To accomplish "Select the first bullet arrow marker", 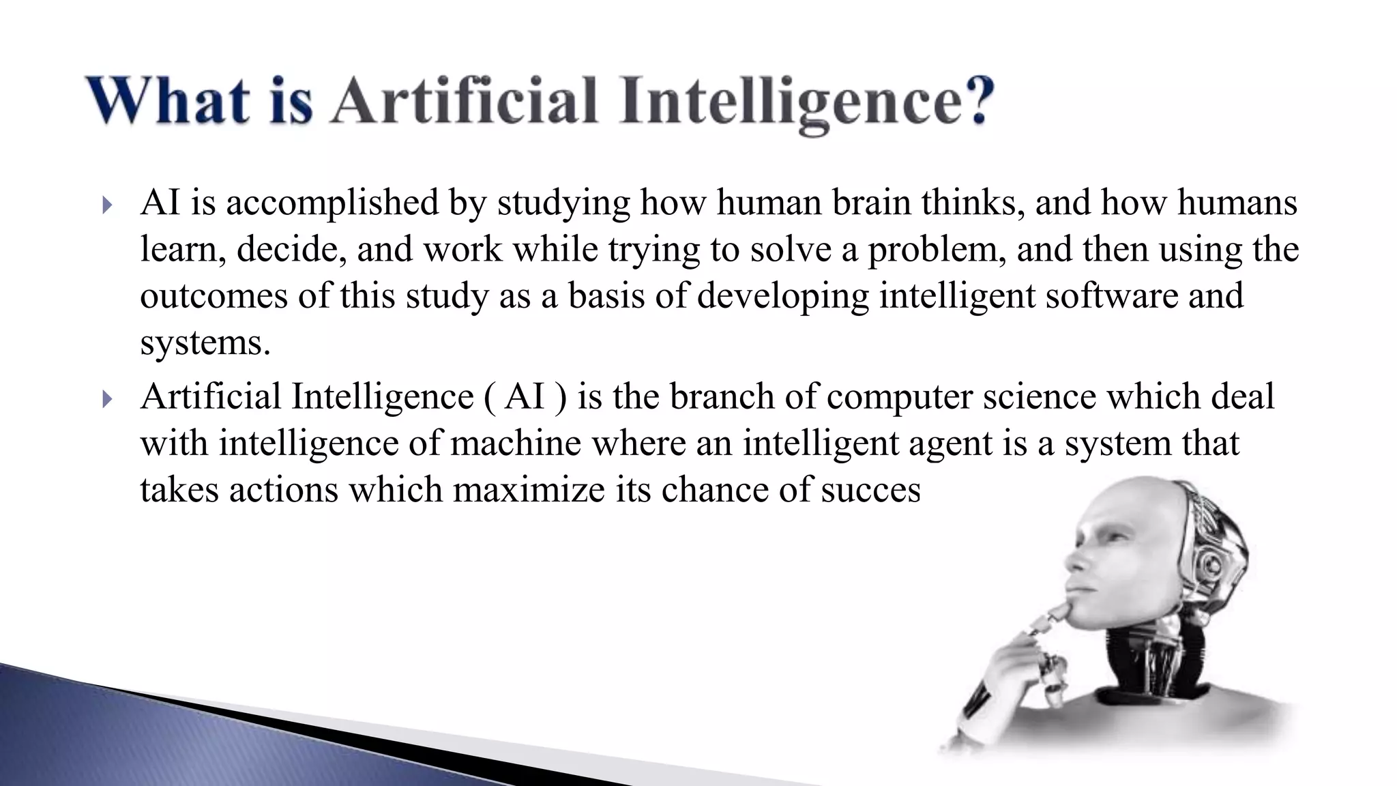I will (x=106, y=205).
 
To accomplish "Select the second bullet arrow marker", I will (x=106, y=398).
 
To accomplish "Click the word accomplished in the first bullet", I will (x=332, y=203).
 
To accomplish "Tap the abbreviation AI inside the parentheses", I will (x=525, y=397).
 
